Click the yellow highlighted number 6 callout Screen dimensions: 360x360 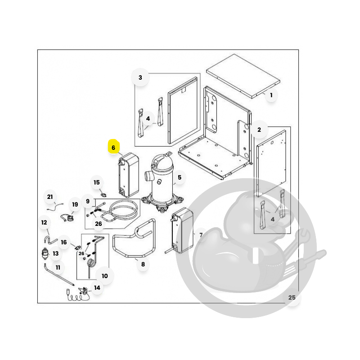click(x=113, y=147)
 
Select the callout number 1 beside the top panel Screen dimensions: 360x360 click(x=271, y=95)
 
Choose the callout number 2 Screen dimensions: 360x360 click(x=259, y=130)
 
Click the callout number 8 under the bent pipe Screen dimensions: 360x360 click(x=143, y=264)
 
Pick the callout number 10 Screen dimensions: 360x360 click(x=105, y=276)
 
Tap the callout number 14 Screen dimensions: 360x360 click(x=97, y=288)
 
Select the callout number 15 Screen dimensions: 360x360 click(x=97, y=183)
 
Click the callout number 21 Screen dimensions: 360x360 click(x=50, y=197)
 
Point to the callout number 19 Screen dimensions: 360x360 click(x=75, y=205)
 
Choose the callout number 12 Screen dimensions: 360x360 click(x=44, y=222)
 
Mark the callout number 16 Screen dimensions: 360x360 click(x=64, y=242)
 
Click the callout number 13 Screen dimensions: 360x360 click(x=55, y=253)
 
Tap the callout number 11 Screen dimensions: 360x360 click(x=58, y=267)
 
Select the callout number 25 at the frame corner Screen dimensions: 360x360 click(x=292, y=297)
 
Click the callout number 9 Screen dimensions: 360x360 click(x=88, y=201)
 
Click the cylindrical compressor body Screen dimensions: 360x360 click(x=162, y=181)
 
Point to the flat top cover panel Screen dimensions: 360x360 click(x=243, y=76)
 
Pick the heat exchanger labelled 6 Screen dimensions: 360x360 click(x=129, y=175)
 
